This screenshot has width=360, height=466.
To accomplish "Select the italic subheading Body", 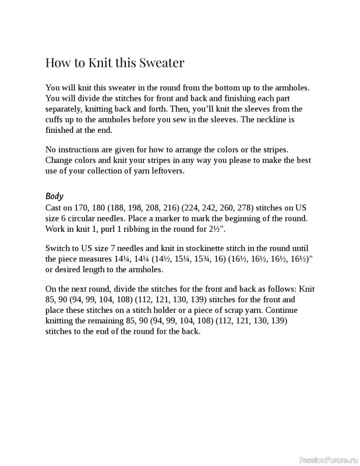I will (x=54, y=196).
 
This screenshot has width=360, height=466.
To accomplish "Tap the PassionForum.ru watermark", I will (x=327, y=460).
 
